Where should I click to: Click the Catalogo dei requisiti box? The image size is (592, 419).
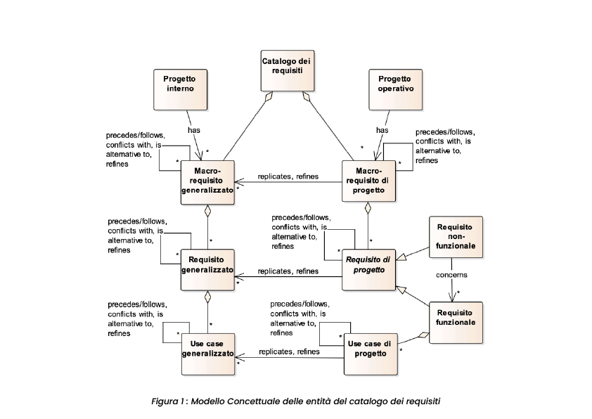pos(286,71)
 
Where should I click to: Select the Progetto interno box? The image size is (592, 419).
pos(179,88)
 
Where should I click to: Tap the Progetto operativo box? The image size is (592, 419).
pos(395,88)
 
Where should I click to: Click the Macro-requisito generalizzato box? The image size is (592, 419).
pos(207,182)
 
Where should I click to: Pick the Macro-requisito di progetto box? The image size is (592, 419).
pos(369,182)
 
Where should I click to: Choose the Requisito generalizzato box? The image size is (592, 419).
pos(207,268)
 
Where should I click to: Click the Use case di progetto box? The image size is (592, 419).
pos(370,352)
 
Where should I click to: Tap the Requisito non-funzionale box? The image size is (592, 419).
pos(456,238)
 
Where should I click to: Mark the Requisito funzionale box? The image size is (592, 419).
pos(456,317)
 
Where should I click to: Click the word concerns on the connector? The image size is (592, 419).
pos(451,275)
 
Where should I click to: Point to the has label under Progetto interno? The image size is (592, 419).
pos(194,130)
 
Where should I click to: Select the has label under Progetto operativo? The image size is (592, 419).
pos(382,130)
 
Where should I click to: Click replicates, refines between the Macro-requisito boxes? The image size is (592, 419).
pos(288,176)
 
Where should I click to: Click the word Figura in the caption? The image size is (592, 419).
pos(165,401)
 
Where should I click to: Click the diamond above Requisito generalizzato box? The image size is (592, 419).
pos(207,210)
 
